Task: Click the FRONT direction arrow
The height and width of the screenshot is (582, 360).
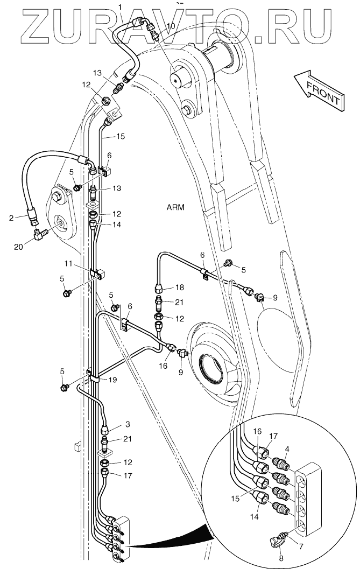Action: pos(319,90)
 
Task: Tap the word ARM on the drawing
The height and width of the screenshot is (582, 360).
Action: pos(175,207)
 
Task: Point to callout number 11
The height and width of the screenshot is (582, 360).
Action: pos(68,264)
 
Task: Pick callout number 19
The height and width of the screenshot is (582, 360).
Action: pos(113,380)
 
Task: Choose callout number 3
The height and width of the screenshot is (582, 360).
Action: pos(128,424)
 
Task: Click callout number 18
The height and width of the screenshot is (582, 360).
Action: pos(180,288)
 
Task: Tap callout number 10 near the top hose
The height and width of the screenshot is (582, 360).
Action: pos(171,26)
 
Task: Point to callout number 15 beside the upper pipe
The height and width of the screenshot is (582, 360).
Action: pos(121,137)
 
